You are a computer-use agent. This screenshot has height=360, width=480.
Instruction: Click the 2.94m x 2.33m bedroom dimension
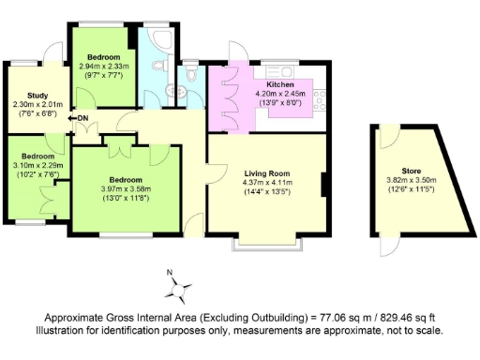click(104, 67)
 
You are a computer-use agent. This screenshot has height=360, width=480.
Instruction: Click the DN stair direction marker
click(82, 117)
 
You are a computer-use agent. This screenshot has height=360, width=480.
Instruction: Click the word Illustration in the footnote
click(65, 331)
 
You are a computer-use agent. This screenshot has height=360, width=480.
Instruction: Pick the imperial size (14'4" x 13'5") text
click(267, 192)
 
